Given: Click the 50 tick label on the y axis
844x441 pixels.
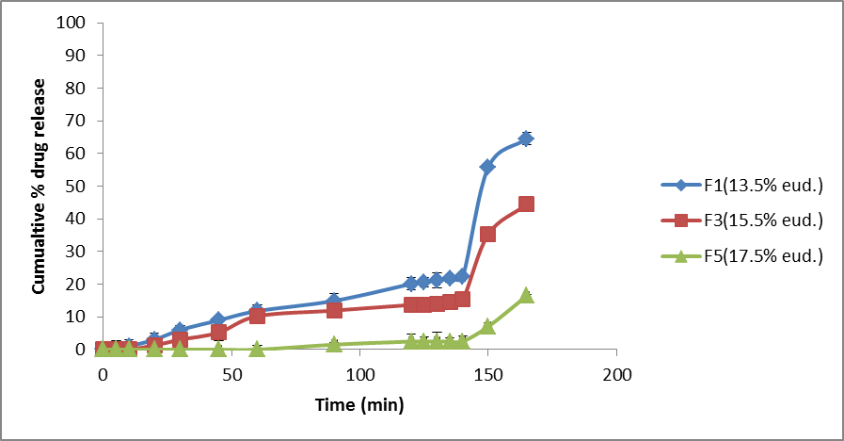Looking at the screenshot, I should point(77,186).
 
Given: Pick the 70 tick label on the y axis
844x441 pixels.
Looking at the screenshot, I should point(77,121).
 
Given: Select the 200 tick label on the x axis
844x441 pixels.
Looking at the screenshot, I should point(616,373).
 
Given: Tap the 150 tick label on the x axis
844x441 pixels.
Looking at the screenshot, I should point(487,373).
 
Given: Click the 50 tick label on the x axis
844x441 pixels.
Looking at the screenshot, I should point(231,373).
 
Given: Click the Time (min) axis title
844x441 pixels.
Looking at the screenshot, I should point(358,406).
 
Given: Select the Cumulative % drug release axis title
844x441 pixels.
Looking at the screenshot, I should point(40,186).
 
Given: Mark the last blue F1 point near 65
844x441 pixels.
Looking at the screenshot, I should point(526,139).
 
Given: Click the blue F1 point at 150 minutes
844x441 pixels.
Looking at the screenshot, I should point(487,166).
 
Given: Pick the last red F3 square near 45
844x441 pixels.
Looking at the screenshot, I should point(526,204).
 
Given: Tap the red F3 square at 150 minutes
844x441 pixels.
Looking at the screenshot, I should point(487,234).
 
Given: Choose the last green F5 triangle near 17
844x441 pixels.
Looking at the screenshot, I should point(526,295).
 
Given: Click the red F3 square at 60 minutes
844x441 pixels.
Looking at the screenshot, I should point(257,315).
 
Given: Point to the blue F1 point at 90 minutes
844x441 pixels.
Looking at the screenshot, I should point(334,302).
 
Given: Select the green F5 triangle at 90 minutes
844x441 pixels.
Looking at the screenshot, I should point(334,344).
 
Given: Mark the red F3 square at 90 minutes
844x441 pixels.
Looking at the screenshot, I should point(334,310).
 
